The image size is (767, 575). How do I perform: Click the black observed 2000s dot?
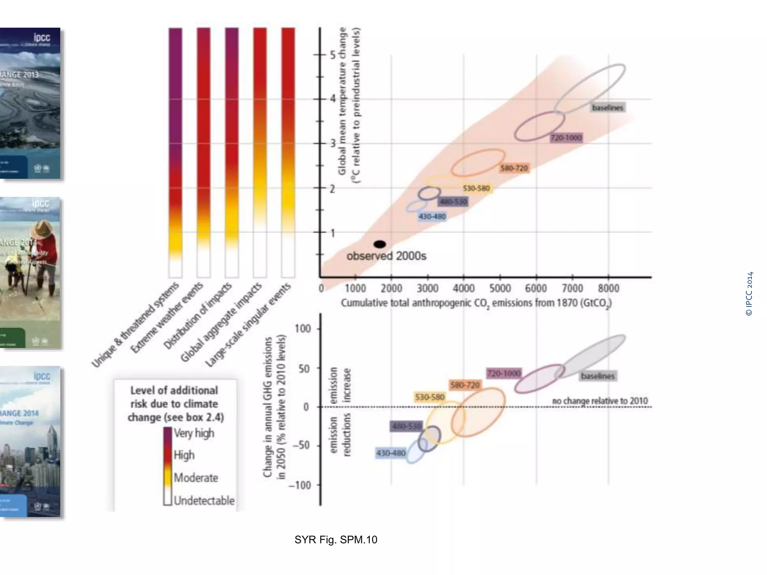[x=380, y=244]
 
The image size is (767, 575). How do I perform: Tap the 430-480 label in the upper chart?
[x=432, y=216]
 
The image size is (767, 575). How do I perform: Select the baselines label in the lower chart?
[x=598, y=376]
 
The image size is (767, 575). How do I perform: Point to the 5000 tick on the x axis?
[x=500, y=288]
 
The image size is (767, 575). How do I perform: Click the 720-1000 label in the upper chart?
[x=566, y=138]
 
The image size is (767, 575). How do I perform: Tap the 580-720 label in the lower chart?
[x=465, y=385]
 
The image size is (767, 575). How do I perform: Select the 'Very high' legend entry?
[x=194, y=433]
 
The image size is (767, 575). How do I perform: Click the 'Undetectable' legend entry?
[x=204, y=501]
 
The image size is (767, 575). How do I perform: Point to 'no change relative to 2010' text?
[x=600, y=401]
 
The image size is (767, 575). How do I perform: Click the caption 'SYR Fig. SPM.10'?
[x=336, y=539]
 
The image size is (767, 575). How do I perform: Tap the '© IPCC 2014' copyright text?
[x=749, y=294]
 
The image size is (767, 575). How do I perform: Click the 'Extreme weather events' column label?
[x=167, y=317]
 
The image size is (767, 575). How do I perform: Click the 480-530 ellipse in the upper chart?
[x=429, y=193]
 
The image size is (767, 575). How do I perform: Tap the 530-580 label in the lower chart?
[x=430, y=397]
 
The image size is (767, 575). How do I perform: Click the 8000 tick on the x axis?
[x=608, y=288]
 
